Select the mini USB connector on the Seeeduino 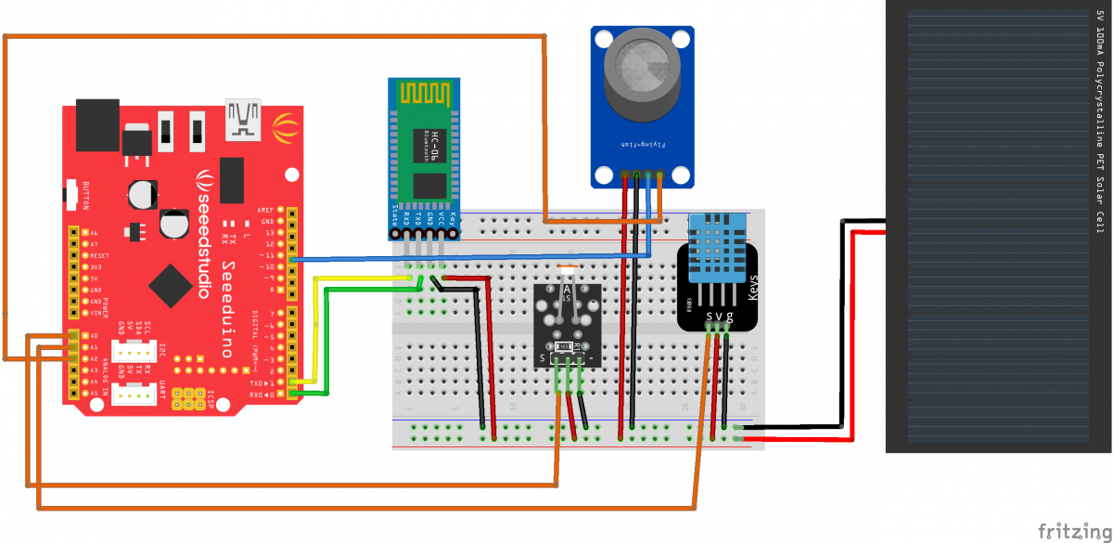coord(243,117)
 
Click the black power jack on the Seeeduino coord(96,124)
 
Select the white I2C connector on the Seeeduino coord(139,355)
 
